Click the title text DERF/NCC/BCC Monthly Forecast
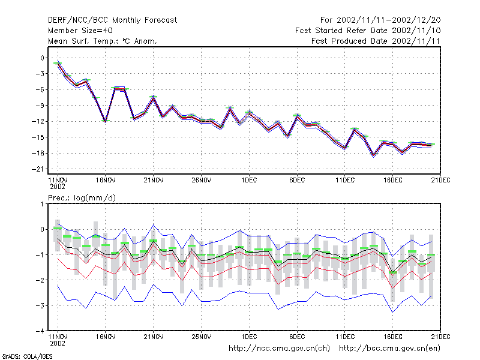click(112, 20)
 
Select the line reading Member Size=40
click(80, 31)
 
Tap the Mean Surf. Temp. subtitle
click(103, 41)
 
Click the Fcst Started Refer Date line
click(368, 31)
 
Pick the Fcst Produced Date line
click(376, 41)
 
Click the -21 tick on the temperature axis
click(37, 169)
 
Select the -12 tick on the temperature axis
click(37, 121)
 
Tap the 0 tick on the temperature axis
click(42, 58)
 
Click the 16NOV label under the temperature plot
click(106, 180)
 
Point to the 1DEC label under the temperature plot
click(249, 180)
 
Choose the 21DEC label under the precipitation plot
click(440, 337)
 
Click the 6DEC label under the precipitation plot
click(297, 337)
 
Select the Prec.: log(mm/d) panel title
click(82, 198)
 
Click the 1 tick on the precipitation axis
click(42, 204)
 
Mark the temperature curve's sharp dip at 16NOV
click(106, 122)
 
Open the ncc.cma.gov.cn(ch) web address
click(279, 349)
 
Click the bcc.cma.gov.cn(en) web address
click(389, 349)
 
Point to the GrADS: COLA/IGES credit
click(27, 356)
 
